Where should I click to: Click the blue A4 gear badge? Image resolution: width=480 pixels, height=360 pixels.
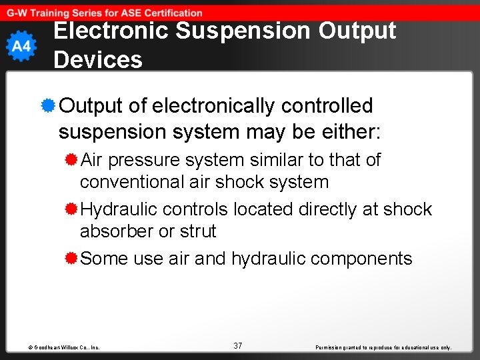coord(21,47)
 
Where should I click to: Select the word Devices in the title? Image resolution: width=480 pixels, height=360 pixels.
coord(98,60)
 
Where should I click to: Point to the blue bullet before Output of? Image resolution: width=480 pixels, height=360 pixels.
coord(47,105)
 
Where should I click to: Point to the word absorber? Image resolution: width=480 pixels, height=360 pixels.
coord(114,231)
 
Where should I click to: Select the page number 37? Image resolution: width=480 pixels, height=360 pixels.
coord(238,345)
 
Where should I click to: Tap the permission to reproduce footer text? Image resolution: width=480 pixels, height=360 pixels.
coord(383,347)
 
